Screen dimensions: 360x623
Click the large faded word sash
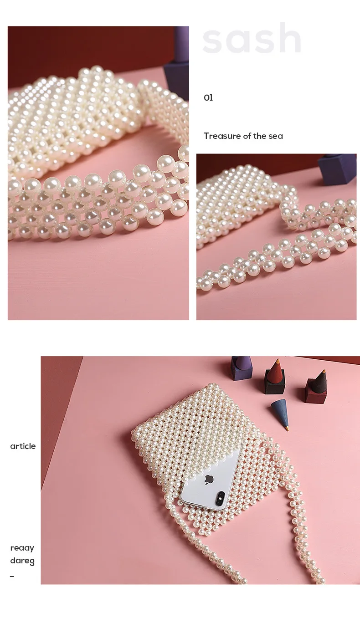[252, 39]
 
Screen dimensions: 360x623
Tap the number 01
[208, 97]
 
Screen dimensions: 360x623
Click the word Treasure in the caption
[222, 136]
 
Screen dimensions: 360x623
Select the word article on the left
[23, 446]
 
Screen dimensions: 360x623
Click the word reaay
[22, 548]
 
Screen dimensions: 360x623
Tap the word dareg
[22, 561]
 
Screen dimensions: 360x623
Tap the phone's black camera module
[221, 499]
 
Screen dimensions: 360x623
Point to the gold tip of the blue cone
[287, 428]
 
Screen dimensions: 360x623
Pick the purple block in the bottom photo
[241, 368]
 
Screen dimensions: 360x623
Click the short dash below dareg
[12, 577]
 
